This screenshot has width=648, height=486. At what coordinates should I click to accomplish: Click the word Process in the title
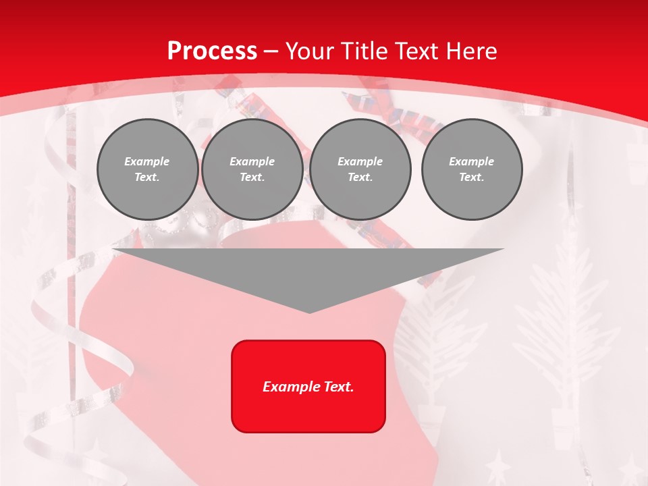212,51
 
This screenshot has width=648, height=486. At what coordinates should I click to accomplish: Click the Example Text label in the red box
308,387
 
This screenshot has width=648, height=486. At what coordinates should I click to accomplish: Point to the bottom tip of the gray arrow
309,313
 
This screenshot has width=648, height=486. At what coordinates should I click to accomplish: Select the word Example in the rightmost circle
471,161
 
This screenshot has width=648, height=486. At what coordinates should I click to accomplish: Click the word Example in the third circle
360,161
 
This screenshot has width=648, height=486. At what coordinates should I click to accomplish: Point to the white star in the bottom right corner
630,468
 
